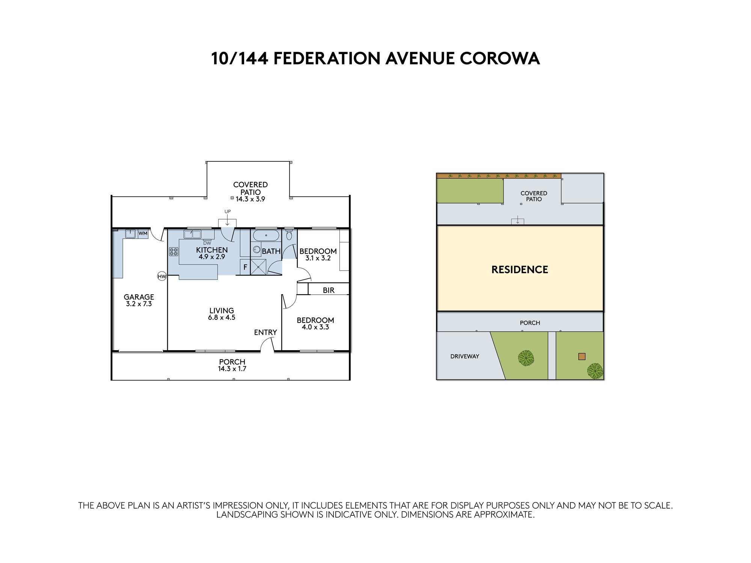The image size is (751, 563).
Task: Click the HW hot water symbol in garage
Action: [162, 277]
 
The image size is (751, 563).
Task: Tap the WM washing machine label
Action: [143, 233]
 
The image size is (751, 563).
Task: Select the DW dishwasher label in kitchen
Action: [207, 243]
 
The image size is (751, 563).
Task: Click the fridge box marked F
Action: [245, 267]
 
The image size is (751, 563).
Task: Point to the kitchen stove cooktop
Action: [173, 251]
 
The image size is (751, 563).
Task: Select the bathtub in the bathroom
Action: [266, 235]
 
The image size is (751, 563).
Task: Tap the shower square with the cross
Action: [258, 267]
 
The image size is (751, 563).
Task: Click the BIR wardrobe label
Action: [329, 290]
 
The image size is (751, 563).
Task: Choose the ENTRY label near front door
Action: [265, 333]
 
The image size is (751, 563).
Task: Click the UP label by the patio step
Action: [228, 212]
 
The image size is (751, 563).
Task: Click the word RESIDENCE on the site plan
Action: [520, 269]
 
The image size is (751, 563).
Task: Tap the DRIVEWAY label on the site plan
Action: [465, 356]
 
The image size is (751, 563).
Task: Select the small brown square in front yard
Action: [582, 357]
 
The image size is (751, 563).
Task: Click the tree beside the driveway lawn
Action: [526, 358]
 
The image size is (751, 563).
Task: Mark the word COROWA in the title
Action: [500, 58]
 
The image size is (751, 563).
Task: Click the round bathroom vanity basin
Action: [257, 249]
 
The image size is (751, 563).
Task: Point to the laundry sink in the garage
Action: [130, 233]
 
